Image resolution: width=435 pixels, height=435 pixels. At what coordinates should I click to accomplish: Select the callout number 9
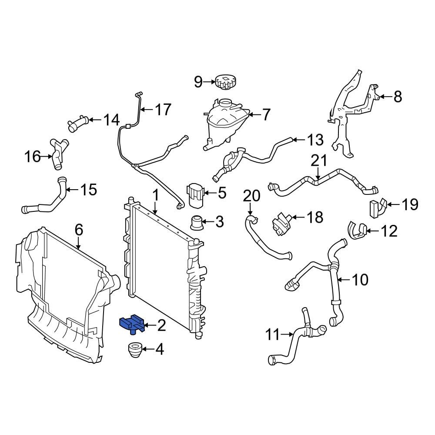pos(198,81)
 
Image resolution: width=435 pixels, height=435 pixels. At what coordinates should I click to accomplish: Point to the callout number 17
pos(164,110)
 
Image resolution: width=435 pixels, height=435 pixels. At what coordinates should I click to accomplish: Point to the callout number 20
pos(251,196)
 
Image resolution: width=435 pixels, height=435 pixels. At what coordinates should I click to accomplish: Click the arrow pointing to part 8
pos(383,96)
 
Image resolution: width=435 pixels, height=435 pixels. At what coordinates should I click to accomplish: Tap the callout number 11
pos(273,335)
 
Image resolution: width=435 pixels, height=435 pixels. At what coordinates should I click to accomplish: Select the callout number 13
pos(315,140)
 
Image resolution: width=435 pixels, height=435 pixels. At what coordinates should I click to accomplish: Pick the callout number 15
pos(88,190)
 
